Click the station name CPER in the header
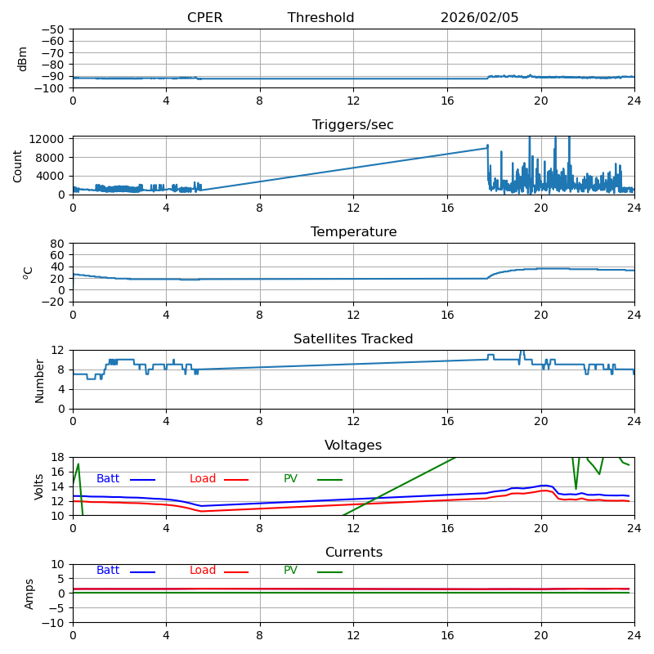(x=204, y=18)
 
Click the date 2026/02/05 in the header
(x=479, y=18)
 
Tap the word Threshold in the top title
(x=320, y=18)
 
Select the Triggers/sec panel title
(x=353, y=125)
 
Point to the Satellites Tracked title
(x=353, y=339)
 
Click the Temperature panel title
(x=353, y=232)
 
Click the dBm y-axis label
(x=23, y=59)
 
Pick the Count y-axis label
(x=18, y=165)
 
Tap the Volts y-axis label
(x=39, y=486)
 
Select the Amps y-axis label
(x=30, y=594)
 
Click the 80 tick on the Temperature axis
(x=58, y=244)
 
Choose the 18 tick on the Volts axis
(x=58, y=458)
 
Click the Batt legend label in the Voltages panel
(x=108, y=479)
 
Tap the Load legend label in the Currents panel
(x=203, y=571)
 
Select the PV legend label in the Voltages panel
(x=290, y=479)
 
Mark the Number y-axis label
(x=39, y=379)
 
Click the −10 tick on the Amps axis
(x=52, y=623)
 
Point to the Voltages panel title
(x=353, y=446)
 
